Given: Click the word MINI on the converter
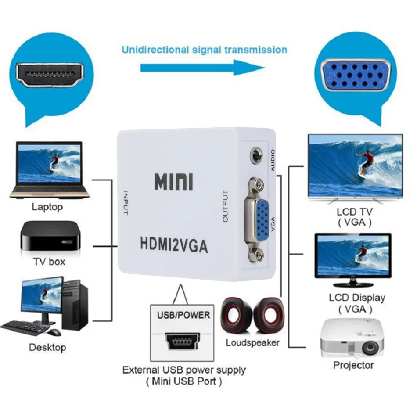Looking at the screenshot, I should [x=173, y=182].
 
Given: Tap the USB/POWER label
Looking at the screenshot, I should [x=183, y=315].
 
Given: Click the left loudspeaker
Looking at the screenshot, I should [x=235, y=315].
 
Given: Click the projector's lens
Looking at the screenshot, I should [x=370, y=348].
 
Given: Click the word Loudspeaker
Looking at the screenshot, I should [x=252, y=343].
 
